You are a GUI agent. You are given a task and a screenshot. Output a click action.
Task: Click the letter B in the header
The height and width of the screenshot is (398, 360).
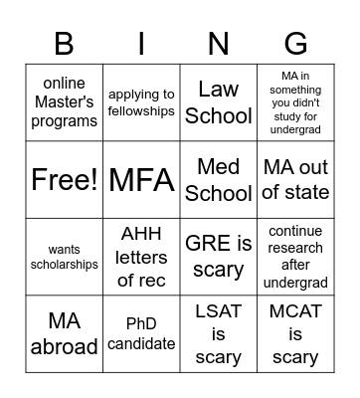(x=65, y=44)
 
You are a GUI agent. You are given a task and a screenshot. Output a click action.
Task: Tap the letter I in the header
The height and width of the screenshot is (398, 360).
(x=141, y=44)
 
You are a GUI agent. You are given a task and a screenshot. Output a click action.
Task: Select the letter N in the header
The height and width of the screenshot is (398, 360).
(x=219, y=44)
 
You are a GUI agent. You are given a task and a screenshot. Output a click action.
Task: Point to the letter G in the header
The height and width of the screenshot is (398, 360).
(x=295, y=44)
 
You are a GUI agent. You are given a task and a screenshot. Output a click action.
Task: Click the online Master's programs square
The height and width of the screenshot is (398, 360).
(x=65, y=102)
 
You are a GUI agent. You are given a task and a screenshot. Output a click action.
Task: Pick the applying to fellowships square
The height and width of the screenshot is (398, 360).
(x=141, y=102)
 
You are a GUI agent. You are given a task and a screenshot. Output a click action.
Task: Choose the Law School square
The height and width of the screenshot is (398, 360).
(x=219, y=102)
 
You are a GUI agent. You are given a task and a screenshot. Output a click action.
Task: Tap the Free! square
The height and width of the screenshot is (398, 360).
(x=65, y=180)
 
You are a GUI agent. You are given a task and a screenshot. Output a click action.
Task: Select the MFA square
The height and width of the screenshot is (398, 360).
(x=141, y=180)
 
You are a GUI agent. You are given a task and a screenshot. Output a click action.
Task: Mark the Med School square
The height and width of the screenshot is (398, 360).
(x=219, y=180)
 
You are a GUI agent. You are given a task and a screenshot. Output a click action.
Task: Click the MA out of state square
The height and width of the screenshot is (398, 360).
(x=295, y=180)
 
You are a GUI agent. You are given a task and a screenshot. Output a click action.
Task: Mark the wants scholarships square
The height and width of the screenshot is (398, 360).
(x=65, y=257)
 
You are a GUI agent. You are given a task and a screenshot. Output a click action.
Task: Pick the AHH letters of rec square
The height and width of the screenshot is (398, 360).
(x=141, y=257)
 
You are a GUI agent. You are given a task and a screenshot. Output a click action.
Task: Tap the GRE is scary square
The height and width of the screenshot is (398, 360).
(x=219, y=257)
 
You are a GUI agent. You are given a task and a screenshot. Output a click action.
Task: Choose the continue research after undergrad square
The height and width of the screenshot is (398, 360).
(x=295, y=257)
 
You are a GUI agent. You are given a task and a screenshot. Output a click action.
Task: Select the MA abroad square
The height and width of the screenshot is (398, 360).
(x=65, y=333)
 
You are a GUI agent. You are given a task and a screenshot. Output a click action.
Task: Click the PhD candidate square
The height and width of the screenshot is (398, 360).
(x=141, y=333)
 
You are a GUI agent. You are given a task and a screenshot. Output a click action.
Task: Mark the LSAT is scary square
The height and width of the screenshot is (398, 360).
(x=219, y=333)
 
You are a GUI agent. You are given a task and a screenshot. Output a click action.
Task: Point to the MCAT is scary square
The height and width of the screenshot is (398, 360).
(x=295, y=333)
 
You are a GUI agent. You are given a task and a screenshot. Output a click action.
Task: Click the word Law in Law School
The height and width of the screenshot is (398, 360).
(x=219, y=90)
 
